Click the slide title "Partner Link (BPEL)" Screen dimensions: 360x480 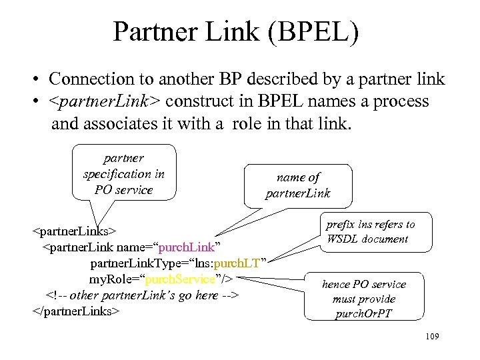pyautogui.click(x=236, y=32)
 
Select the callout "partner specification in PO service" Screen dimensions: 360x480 pyautogui.click(x=124, y=173)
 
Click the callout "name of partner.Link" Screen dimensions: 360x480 pyautogui.click(x=298, y=185)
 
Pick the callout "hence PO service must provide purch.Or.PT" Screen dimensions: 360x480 pyautogui.click(x=363, y=298)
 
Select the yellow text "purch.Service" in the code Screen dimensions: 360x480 pyautogui.click(x=181, y=279)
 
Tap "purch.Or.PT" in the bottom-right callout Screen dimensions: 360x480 pyautogui.click(x=363, y=313)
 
